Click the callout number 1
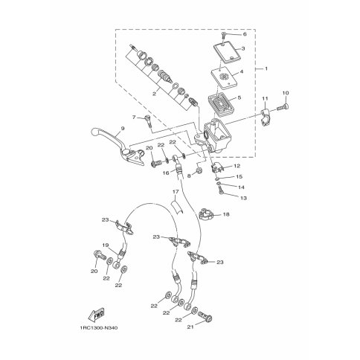(x=266, y=68)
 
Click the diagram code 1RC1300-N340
(x=99, y=328)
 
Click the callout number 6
(x=245, y=34)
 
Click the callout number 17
(x=176, y=192)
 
